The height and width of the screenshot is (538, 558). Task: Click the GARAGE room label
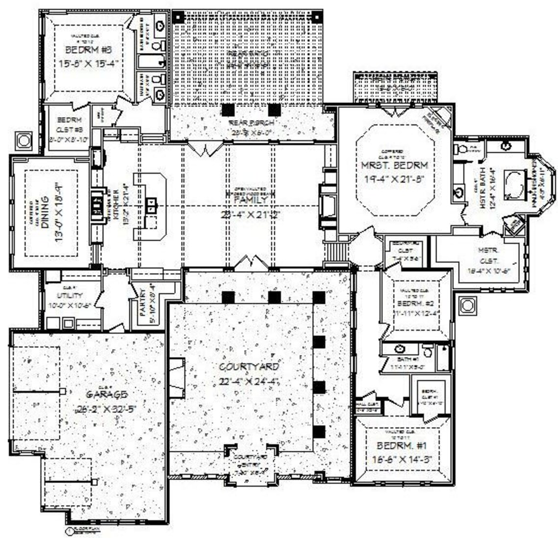coord(107,394)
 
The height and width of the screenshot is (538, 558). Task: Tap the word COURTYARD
coord(249,367)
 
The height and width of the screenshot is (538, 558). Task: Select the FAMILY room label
coord(249,200)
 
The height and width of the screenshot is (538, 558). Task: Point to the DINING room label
coord(46,213)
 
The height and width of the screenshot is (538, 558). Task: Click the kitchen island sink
coord(152,201)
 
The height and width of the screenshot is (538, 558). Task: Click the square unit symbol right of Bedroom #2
coord(467,306)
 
